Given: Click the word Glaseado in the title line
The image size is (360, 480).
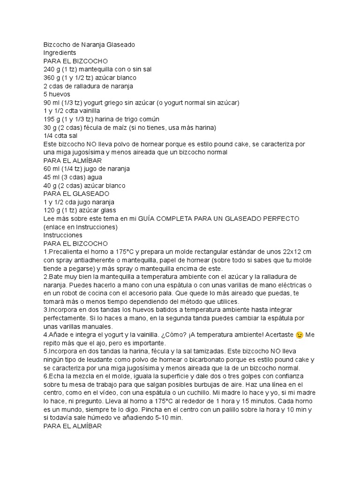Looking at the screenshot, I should tap(121, 45).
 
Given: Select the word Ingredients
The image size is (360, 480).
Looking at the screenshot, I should tap(60, 53).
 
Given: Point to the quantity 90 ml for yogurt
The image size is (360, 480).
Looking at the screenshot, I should tap(52, 103).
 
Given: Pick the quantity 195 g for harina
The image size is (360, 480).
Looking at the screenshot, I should tap(52, 119).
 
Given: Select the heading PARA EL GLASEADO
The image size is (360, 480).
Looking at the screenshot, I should tap(76, 194).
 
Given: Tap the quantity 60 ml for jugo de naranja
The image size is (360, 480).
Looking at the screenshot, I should tap(52, 169).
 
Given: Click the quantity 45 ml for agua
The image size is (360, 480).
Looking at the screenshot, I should tap(52, 177).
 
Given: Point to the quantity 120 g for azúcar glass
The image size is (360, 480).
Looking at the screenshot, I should tap(52, 210).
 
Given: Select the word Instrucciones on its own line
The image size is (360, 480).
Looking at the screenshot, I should tap(63, 235).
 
